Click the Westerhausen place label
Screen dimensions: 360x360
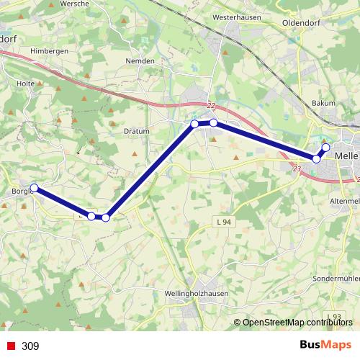(240, 14)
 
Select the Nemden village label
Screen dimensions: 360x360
(140, 61)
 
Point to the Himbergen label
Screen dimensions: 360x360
(49, 51)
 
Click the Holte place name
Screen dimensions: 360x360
(26, 84)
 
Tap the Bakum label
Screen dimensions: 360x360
(323, 103)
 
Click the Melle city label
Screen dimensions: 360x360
(346, 155)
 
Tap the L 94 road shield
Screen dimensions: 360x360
(222, 222)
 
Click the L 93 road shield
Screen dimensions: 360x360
(333, 317)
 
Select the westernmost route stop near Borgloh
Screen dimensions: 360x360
(34, 188)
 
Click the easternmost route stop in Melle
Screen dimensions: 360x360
(325, 148)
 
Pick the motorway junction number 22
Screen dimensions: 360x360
(211, 105)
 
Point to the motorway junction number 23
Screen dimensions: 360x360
(297, 168)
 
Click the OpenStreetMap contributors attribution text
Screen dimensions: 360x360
(298, 323)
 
